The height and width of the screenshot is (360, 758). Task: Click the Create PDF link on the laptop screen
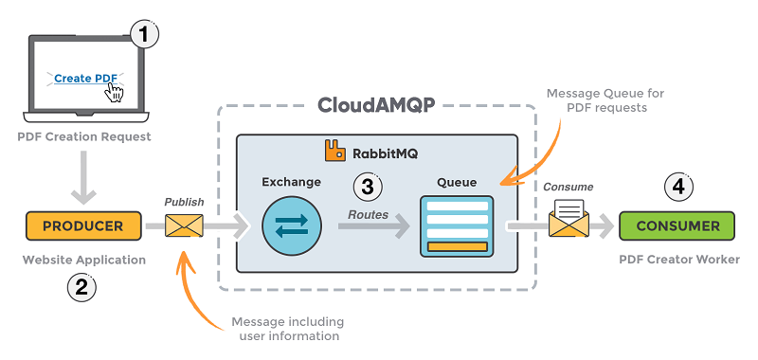pyautogui.click(x=85, y=79)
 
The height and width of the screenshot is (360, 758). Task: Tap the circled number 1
pyautogui.click(x=143, y=35)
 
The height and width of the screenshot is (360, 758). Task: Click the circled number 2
pyautogui.click(x=81, y=287)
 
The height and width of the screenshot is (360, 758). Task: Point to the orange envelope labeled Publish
pyautogui.click(x=184, y=226)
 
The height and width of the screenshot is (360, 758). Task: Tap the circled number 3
pyautogui.click(x=367, y=187)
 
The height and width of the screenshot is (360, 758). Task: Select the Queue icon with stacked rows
pyautogui.click(x=457, y=226)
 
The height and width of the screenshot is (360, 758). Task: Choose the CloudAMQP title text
pyautogui.click(x=376, y=104)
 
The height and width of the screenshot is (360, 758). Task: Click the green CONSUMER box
pyautogui.click(x=676, y=226)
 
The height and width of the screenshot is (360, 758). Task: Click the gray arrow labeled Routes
pyautogui.click(x=373, y=226)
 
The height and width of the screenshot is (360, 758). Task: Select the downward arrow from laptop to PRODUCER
pyautogui.click(x=82, y=180)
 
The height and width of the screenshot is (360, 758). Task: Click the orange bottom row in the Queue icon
pyautogui.click(x=457, y=247)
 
